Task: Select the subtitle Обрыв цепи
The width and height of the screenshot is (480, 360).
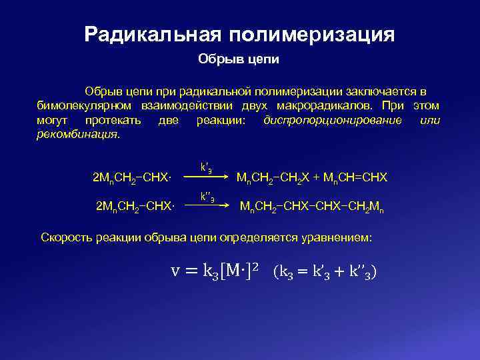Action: coord(238,59)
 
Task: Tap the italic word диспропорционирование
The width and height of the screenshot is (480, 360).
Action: coord(333,121)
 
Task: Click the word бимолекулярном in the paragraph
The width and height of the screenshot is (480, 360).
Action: coord(83,105)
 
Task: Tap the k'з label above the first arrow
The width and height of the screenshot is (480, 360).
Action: coord(207,167)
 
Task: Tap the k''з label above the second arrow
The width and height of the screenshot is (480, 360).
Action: coord(207,197)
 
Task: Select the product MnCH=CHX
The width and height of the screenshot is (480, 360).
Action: coord(356,178)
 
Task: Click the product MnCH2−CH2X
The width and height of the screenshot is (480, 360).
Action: coord(273,178)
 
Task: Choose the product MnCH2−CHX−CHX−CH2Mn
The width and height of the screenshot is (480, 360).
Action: coord(311,207)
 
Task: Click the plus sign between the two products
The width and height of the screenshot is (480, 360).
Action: coord(317,178)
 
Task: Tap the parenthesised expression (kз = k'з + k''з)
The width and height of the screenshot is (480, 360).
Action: coord(325,273)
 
